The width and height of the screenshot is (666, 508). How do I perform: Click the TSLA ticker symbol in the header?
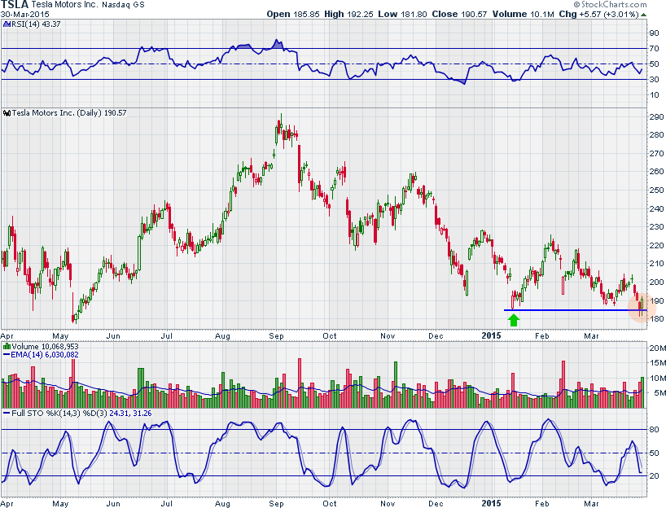[15, 5]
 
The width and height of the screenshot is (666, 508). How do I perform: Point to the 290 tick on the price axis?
[654, 117]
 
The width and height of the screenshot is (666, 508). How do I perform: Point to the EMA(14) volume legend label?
[44, 354]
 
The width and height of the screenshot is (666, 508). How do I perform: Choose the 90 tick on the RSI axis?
[653, 33]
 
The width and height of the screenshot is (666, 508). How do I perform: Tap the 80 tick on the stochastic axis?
[653, 429]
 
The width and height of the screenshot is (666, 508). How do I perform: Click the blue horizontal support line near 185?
[570, 310]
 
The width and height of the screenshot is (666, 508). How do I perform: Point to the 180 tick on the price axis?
[654, 319]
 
